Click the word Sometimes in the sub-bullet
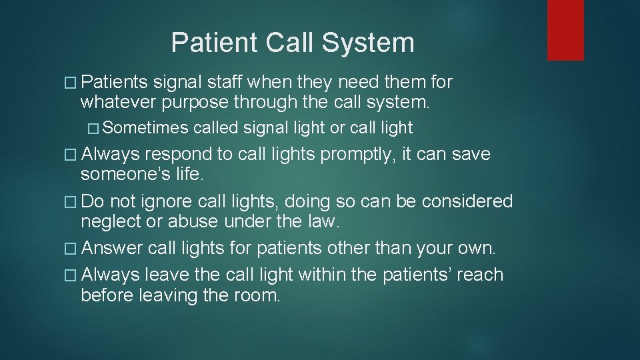point(146,127)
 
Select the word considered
point(467,201)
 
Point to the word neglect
point(113,221)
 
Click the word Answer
point(112,248)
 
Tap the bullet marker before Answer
point(72,249)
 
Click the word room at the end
point(258,295)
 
